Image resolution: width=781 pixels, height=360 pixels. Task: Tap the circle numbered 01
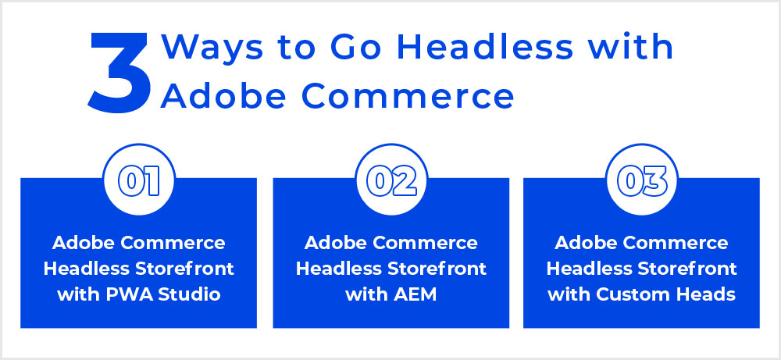tap(139, 180)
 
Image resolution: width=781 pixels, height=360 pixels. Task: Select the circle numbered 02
tap(391, 180)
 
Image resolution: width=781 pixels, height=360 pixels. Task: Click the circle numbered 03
tap(641, 180)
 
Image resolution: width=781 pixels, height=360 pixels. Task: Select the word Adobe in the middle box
tap(335, 244)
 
